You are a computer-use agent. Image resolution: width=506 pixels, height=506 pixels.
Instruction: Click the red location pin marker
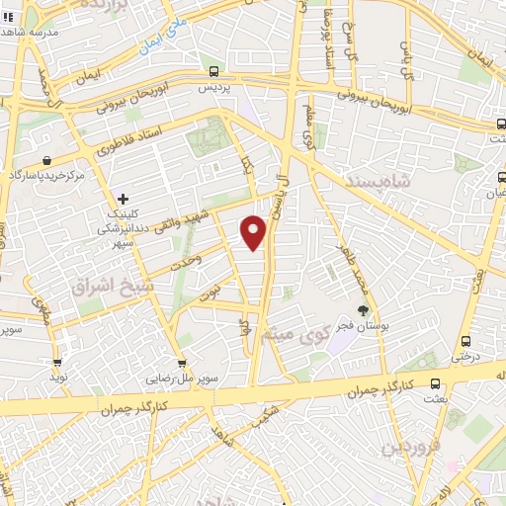254,233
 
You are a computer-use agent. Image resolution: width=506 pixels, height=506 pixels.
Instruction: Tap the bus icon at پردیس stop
214,71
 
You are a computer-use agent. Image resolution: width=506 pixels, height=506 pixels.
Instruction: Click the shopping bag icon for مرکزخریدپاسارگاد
46,158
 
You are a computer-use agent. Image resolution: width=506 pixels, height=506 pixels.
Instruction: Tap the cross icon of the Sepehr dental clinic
123,200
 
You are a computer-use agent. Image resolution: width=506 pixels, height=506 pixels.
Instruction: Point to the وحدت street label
186,258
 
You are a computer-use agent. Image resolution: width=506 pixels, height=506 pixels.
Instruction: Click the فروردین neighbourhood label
409,448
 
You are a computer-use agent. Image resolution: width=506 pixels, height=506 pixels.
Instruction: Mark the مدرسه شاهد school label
33,33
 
